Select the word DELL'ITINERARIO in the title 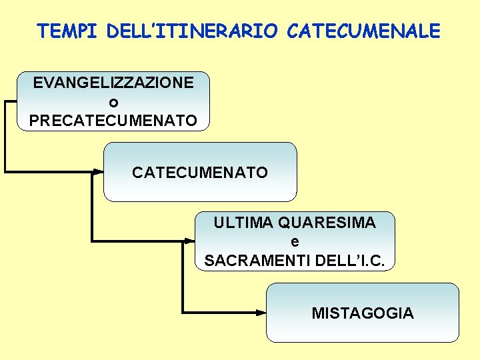(191, 31)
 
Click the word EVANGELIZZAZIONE (113, 83)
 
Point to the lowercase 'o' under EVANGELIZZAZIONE (113, 103)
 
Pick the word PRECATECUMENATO (113, 121)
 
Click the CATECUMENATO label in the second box (200, 173)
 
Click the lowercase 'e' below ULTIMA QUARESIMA (295, 241)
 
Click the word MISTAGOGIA (363, 313)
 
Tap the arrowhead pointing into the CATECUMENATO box (98, 171)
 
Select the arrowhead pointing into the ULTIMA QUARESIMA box (189, 241)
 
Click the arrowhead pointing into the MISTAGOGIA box (261, 312)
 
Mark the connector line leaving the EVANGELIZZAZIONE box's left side (10, 101)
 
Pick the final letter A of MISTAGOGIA (408, 313)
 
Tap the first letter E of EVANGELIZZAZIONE (38, 83)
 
